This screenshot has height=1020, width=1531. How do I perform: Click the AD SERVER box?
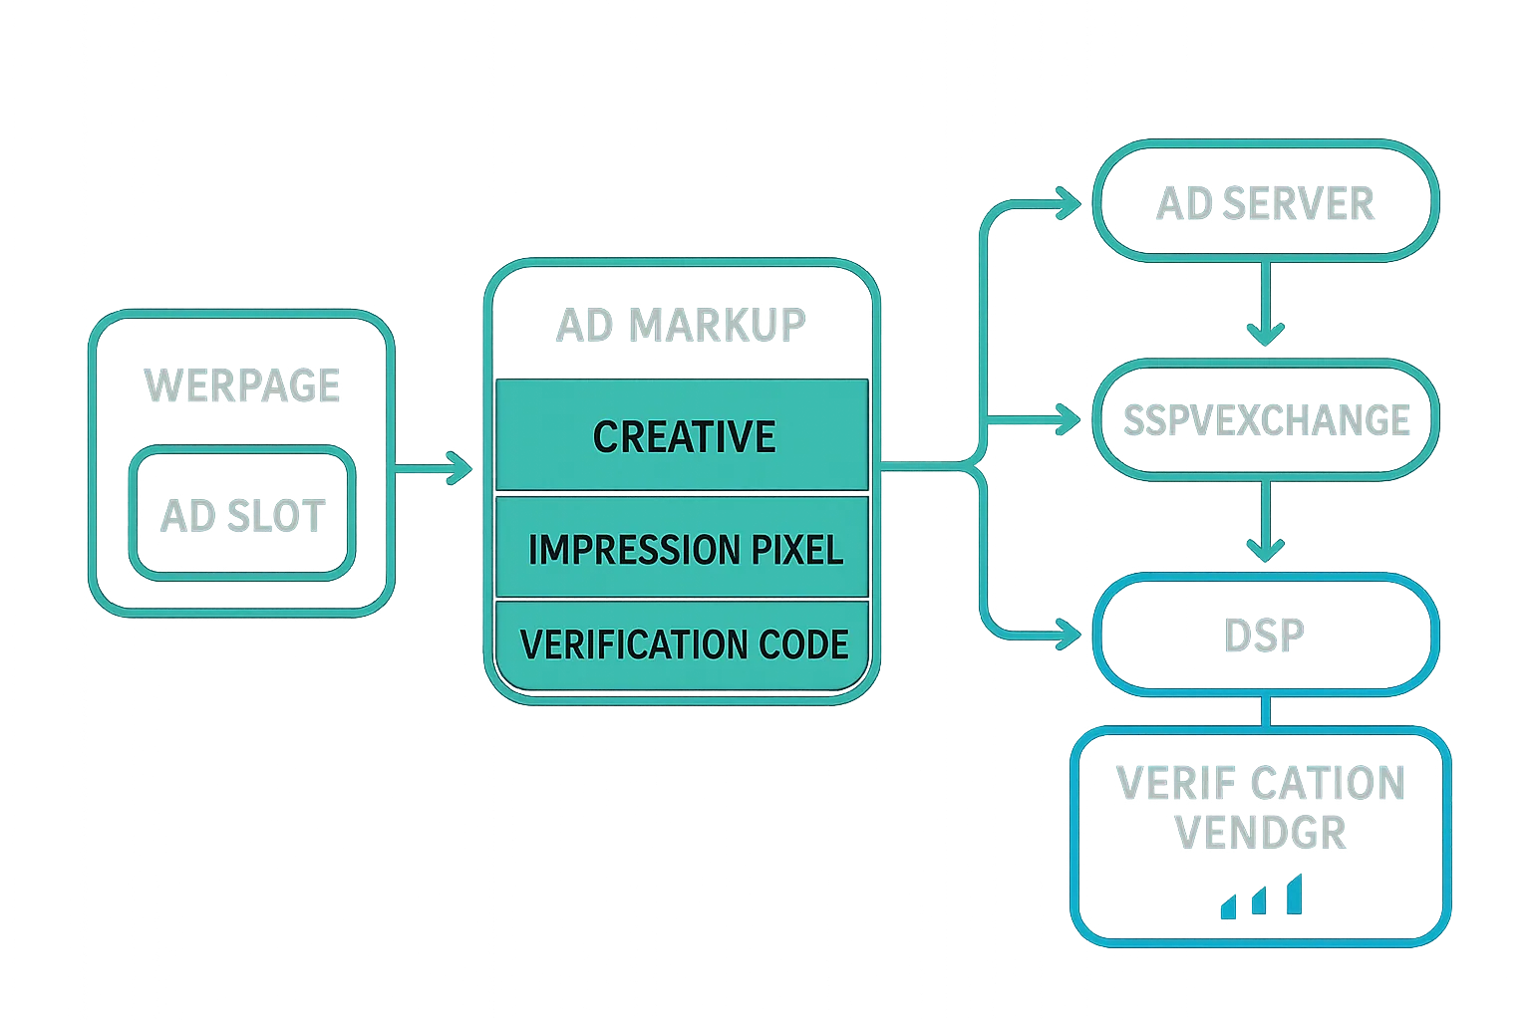click(1265, 202)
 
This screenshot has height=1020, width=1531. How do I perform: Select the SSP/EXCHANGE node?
click(1265, 419)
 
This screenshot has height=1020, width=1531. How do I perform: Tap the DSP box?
click(1265, 634)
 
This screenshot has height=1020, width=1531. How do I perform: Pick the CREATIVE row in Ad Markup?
click(683, 436)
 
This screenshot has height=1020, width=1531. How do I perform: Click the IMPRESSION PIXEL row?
click(683, 549)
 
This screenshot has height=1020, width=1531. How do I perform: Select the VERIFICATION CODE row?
click(683, 643)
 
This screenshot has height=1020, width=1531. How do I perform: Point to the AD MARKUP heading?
click(681, 325)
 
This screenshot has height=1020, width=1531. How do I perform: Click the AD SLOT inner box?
click(242, 515)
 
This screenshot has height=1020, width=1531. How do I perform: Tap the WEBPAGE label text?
click(242, 385)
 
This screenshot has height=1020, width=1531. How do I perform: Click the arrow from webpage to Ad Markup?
click(434, 466)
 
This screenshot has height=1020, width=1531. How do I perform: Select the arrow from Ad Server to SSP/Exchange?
click(1266, 304)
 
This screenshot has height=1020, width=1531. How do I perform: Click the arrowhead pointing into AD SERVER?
click(1071, 205)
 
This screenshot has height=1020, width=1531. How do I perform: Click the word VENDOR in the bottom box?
click(1262, 833)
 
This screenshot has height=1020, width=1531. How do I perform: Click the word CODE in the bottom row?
click(803, 643)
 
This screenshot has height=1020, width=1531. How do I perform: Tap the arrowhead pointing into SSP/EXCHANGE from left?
click(1071, 420)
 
